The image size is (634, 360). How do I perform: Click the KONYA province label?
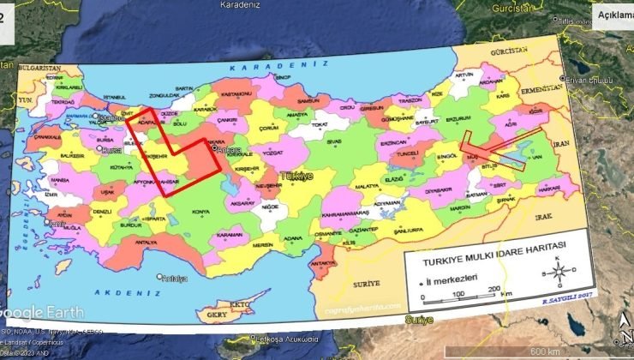[x=200, y=212]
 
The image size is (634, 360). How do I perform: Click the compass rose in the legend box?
[x=558, y=272]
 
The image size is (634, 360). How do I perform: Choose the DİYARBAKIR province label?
[x=438, y=190]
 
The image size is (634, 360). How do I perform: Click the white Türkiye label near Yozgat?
[x=297, y=175]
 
